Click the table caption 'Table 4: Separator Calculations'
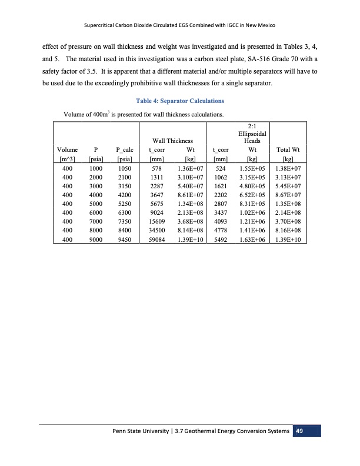click(x=180, y=101)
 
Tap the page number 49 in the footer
click(x=299, y=433)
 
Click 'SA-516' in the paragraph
click(x=251, y=59)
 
